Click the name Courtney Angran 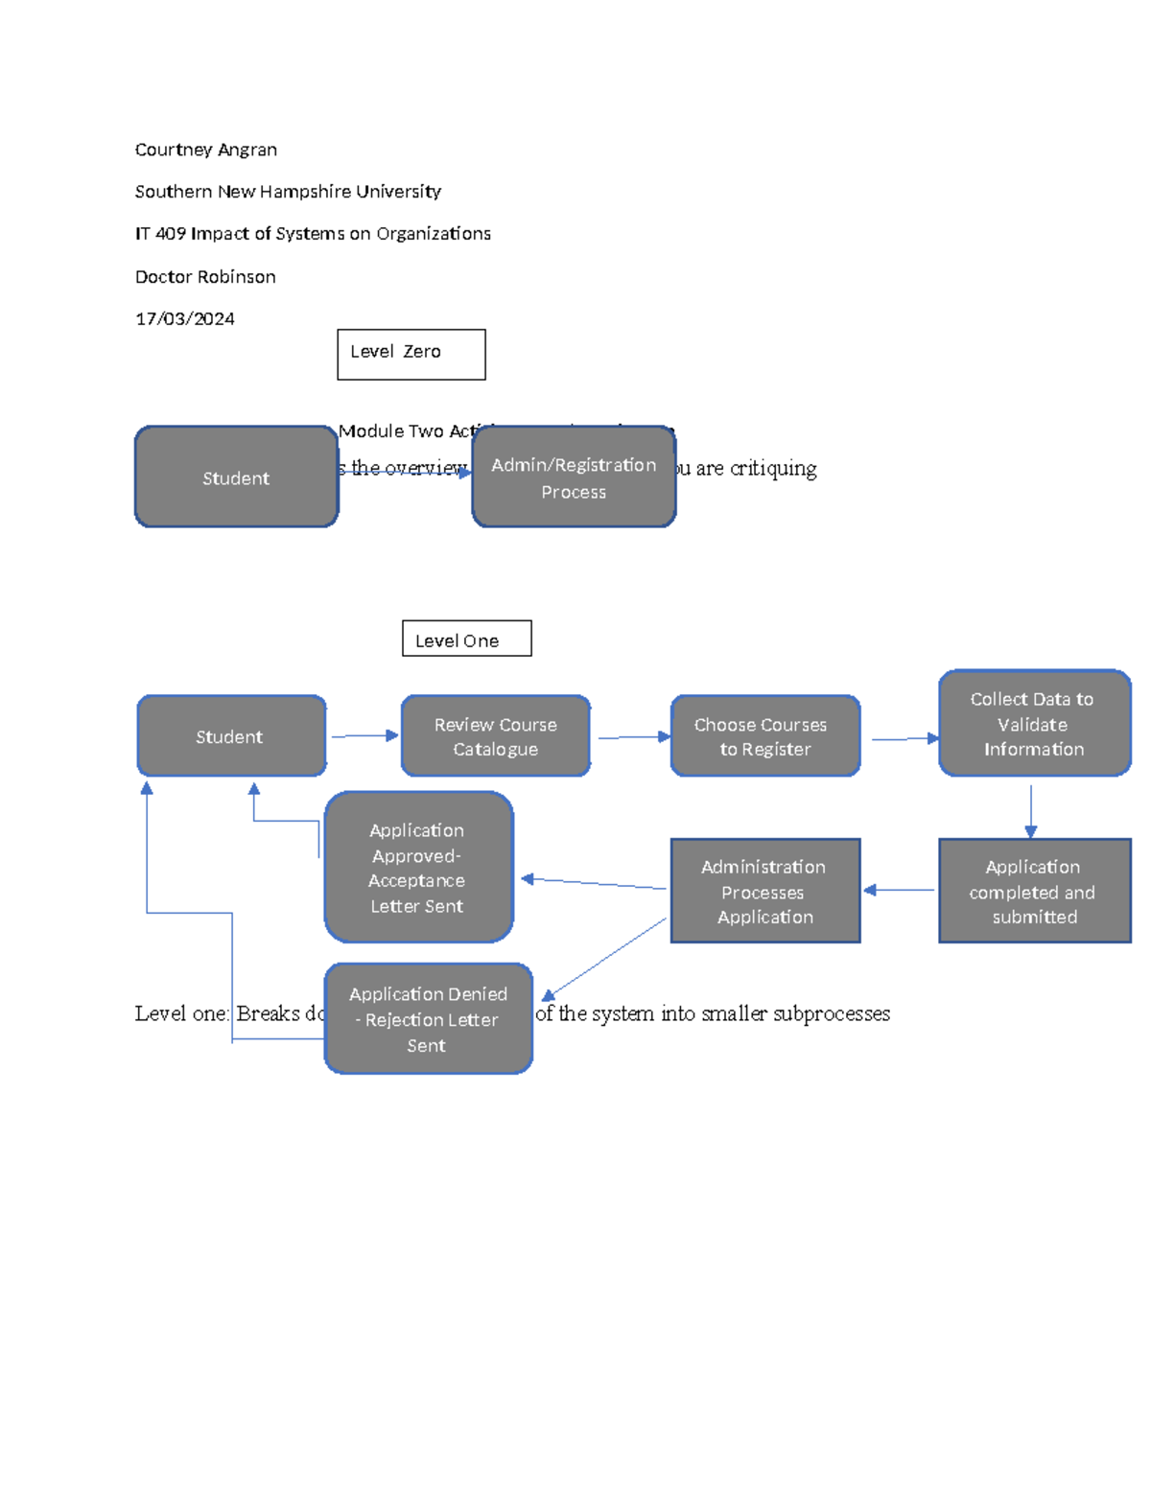point(205,150)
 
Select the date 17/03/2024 point(184,318)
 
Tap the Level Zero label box point(411,354)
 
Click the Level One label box point(466,639)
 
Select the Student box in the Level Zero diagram point(236,477)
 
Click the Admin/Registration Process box point(574,477)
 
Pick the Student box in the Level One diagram point(231,736)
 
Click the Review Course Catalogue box point(495,736)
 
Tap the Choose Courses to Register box point(764,736)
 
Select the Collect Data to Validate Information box point(1034,724)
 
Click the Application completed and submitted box point(1034,891)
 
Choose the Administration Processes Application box point(764,891)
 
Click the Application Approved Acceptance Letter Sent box point(418,868)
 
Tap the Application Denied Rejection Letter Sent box point(428,1019)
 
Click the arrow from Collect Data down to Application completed point(1031,810)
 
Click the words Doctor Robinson point(205,277)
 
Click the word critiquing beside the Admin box point(773,469)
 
